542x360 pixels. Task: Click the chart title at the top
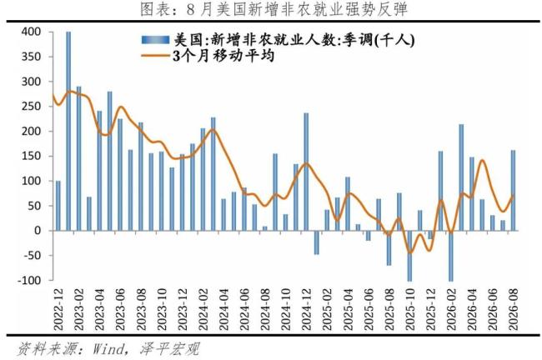(274, 9)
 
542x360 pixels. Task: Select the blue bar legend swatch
(155, 40)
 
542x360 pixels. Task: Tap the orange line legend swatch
(155, 56)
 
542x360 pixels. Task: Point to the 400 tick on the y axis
(31, 32)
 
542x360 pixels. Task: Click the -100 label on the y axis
(29, 280)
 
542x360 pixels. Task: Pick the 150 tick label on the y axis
(31, 156)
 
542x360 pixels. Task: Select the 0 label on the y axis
(38, 231)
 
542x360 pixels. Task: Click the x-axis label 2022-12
(58, 309)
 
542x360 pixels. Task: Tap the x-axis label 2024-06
(244, 309)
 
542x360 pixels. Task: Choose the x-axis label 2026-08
(513, 309)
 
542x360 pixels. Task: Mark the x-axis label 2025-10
(409, 309)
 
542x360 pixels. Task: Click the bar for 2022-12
(58, 206)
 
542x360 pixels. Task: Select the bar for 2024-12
(306, 172)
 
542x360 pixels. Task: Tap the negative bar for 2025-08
(389, 247)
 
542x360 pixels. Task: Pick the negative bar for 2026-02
(451, 256)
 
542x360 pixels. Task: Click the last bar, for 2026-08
(513, 190)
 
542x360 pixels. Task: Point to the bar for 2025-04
(348, 204)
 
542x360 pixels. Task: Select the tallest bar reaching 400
(68, 131)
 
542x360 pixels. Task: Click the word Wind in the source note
(108, 349)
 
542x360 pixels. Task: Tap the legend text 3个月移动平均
(223, 56)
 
